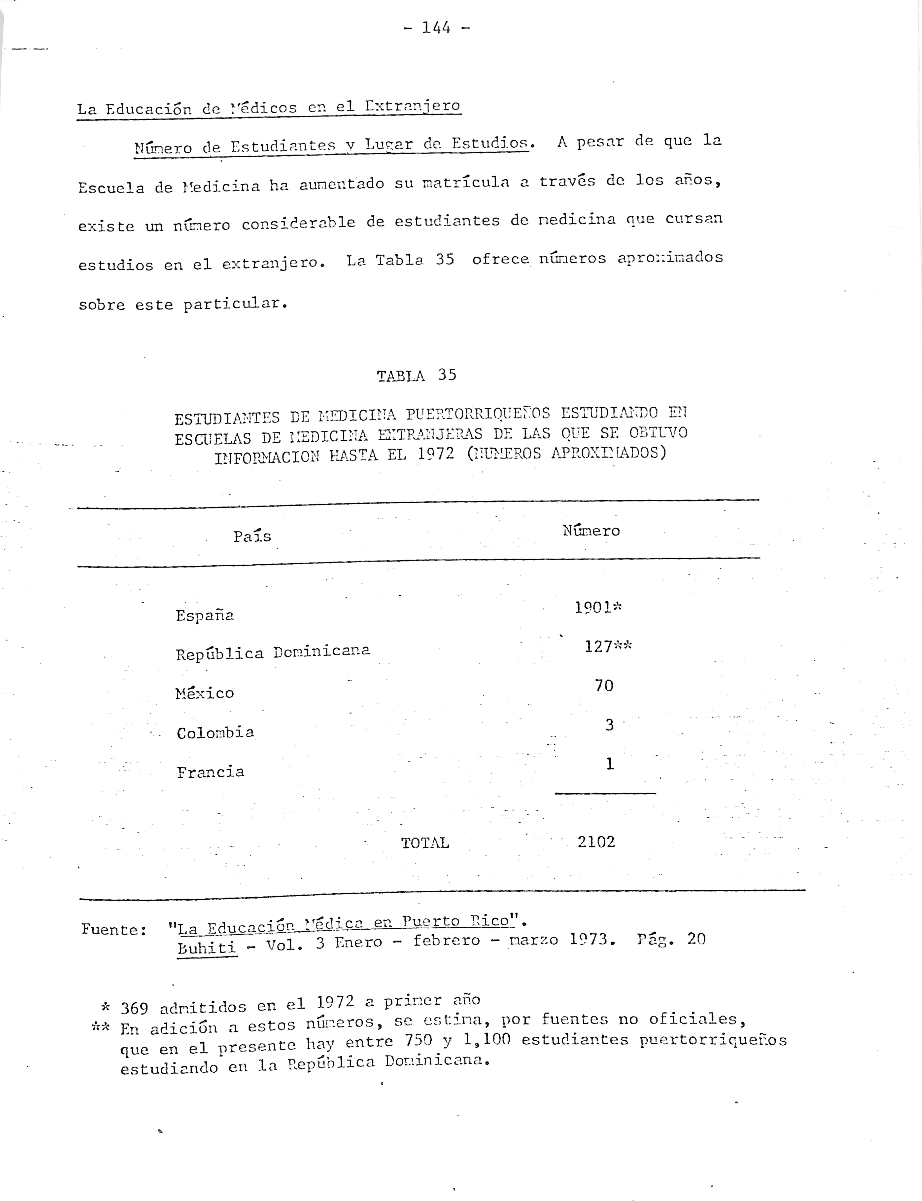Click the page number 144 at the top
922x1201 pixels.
tap(436, 27)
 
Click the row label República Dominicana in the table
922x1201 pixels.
tap(273, 652)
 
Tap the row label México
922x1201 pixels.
tap(205, 693)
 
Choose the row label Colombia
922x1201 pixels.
tap(215, 732)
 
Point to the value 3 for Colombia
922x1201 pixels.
tap(609, 725)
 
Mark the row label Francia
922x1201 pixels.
tap(210, 772)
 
